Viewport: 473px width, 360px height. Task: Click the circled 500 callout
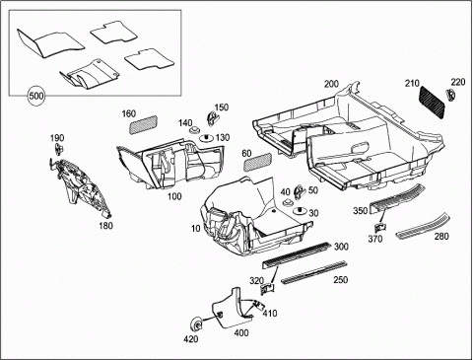pyautogui.click(x=36, y=96)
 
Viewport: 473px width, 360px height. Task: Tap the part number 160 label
pyautogui.click(x=129, y=113)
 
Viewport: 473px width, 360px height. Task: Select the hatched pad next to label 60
pyautogui.click(x=257, y=162)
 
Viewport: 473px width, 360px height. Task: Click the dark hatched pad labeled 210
pyautogui.click(x=433, y=101)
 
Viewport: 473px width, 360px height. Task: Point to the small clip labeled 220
pyautogui.click(x=450, y=95)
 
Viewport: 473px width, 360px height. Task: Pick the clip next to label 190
pyautogui.click(x=58, y=149)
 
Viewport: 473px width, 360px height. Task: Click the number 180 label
pyautogui.click(x=105, y=226)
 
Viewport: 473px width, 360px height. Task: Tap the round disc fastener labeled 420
pyautogui.click(x=197, y=325)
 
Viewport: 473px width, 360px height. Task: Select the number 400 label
pyautogui.click(x=241, y=333)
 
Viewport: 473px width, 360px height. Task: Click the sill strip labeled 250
pyautogui.click(x=314, y=272)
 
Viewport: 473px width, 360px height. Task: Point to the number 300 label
pyautogui.click(x=341, y=247)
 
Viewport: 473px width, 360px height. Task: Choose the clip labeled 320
pyautogui.click(x=267, y=289)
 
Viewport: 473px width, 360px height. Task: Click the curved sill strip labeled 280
pyautogui.click(x=423, y=227)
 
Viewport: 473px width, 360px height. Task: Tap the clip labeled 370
pyautogui.click(x=381, y=228)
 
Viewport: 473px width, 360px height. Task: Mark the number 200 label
pyautogui.click(x=331, y=84)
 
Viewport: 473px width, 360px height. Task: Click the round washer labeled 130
pyautogui.click(x=207, y=138)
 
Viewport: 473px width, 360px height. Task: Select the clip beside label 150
pyautogui.click(x=212, y=118)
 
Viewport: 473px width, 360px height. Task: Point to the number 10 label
pyautogui.click(x=196, y=228)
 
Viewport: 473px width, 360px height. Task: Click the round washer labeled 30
pyautogui.click(x=300, y=211)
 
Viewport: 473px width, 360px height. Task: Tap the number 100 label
pyautogui.click(x=174, y=196)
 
